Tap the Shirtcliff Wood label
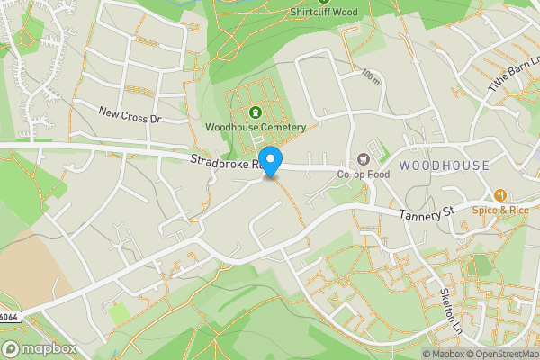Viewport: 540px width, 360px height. (x=324, y=13)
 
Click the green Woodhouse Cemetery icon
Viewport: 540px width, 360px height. (x=255, y=112)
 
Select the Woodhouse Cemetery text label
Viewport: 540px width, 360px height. (x=256, y=128)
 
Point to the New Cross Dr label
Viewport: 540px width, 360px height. (x=129, y=116)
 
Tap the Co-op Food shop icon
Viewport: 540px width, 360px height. (x=364, y=158)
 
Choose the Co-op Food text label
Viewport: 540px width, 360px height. (x=364, y=174)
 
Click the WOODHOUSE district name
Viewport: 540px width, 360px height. (x=445, y=166)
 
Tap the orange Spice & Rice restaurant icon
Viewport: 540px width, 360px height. (x=499, y=194)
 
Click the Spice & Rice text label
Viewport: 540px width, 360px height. (x=504, y=210)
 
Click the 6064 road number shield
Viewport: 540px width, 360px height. (x=10, y=316)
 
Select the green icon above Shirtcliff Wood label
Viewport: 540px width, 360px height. (x=323, y=2)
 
